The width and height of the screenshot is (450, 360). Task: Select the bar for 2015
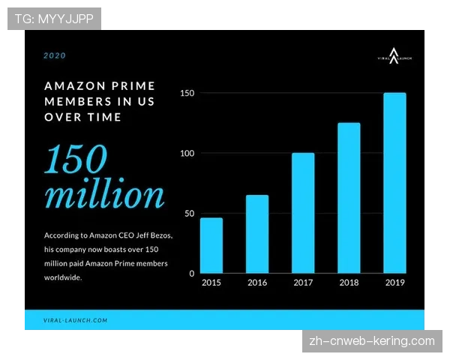pos(211,245)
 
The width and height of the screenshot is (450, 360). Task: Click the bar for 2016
pos(257,234)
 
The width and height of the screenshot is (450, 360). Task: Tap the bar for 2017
pos(303,213)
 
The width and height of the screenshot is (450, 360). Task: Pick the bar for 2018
pos(349,198)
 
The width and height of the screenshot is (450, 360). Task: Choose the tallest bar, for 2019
pos(395,183)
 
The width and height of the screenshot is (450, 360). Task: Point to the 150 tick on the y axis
pos(187,93)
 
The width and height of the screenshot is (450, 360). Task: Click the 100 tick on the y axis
pos(187,153)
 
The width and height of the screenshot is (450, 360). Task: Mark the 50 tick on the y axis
pos(189,214)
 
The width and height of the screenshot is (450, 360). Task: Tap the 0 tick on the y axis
pos(191,274)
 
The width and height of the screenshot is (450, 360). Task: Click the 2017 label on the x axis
pos(303,283)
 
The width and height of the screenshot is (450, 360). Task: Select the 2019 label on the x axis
pos(395,283)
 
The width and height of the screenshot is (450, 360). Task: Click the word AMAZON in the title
pos(70,86)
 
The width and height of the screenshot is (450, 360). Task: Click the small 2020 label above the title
pos(54,55)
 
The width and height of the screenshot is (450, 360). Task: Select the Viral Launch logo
pos(394,53)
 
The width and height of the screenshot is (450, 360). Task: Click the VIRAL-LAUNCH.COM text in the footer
pos(76,320)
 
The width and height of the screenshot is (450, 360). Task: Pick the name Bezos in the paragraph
pos(158,235)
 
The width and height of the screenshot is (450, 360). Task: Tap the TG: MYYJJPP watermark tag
pos(54,18)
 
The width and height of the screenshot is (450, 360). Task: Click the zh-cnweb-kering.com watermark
pos(372,341)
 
